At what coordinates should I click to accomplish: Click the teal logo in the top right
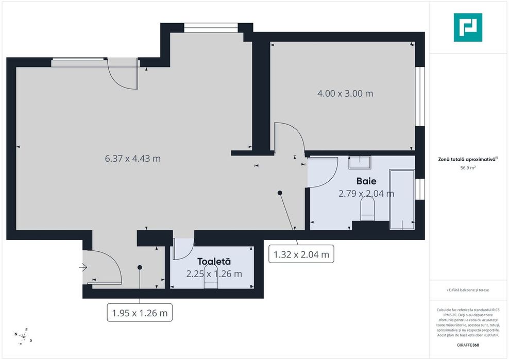(468, 27)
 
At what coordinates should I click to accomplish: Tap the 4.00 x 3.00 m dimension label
(345, 94)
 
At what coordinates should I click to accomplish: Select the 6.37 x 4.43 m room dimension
(132, 159)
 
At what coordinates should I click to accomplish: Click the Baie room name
(366, 181)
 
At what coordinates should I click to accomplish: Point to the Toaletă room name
(214, 262)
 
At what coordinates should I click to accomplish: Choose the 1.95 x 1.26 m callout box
(140, 312)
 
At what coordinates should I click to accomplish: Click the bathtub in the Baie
(402, 199)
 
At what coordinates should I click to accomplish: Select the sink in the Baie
(360, 163)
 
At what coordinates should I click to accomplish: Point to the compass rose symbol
(24, 335)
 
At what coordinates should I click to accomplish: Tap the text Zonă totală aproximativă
(466, 160)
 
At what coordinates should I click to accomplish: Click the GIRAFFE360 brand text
(468, 345)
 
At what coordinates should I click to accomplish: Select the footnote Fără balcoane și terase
(468, 290)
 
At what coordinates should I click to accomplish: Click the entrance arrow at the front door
(83, 267)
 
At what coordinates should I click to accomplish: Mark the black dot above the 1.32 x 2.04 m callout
(280, 193)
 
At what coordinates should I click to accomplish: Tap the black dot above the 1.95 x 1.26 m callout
(140, 267)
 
